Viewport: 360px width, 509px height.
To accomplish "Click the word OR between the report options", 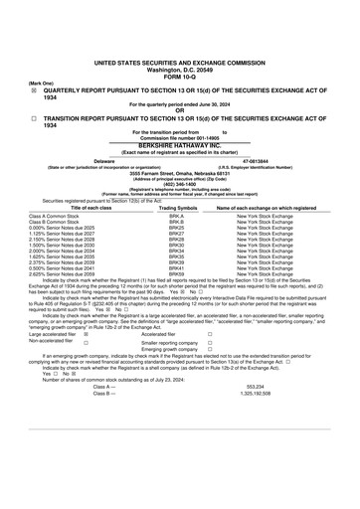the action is point(180,109).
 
